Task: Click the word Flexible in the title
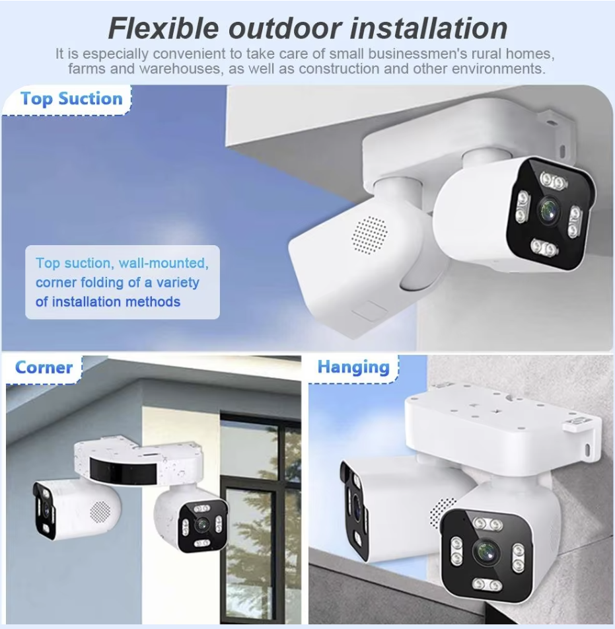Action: tap(164, 28)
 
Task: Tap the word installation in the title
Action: tap(429, 28)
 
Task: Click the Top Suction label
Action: tap(71, 99)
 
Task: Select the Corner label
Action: tap(44, 367)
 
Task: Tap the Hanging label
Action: tap(353, 367)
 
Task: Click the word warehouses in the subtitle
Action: tap(180, 69)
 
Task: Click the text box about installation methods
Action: tap(122, 282)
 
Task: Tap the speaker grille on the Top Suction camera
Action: tap(369, 235)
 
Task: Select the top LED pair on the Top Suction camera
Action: tap(553, 180)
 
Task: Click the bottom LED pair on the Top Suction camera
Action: tap(544, 247)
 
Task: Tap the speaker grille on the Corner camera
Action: tap(100, 512)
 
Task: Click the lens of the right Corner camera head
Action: tap(200, 525)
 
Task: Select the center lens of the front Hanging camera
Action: tap(487, 552)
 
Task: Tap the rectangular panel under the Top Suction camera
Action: tap(369, 311)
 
